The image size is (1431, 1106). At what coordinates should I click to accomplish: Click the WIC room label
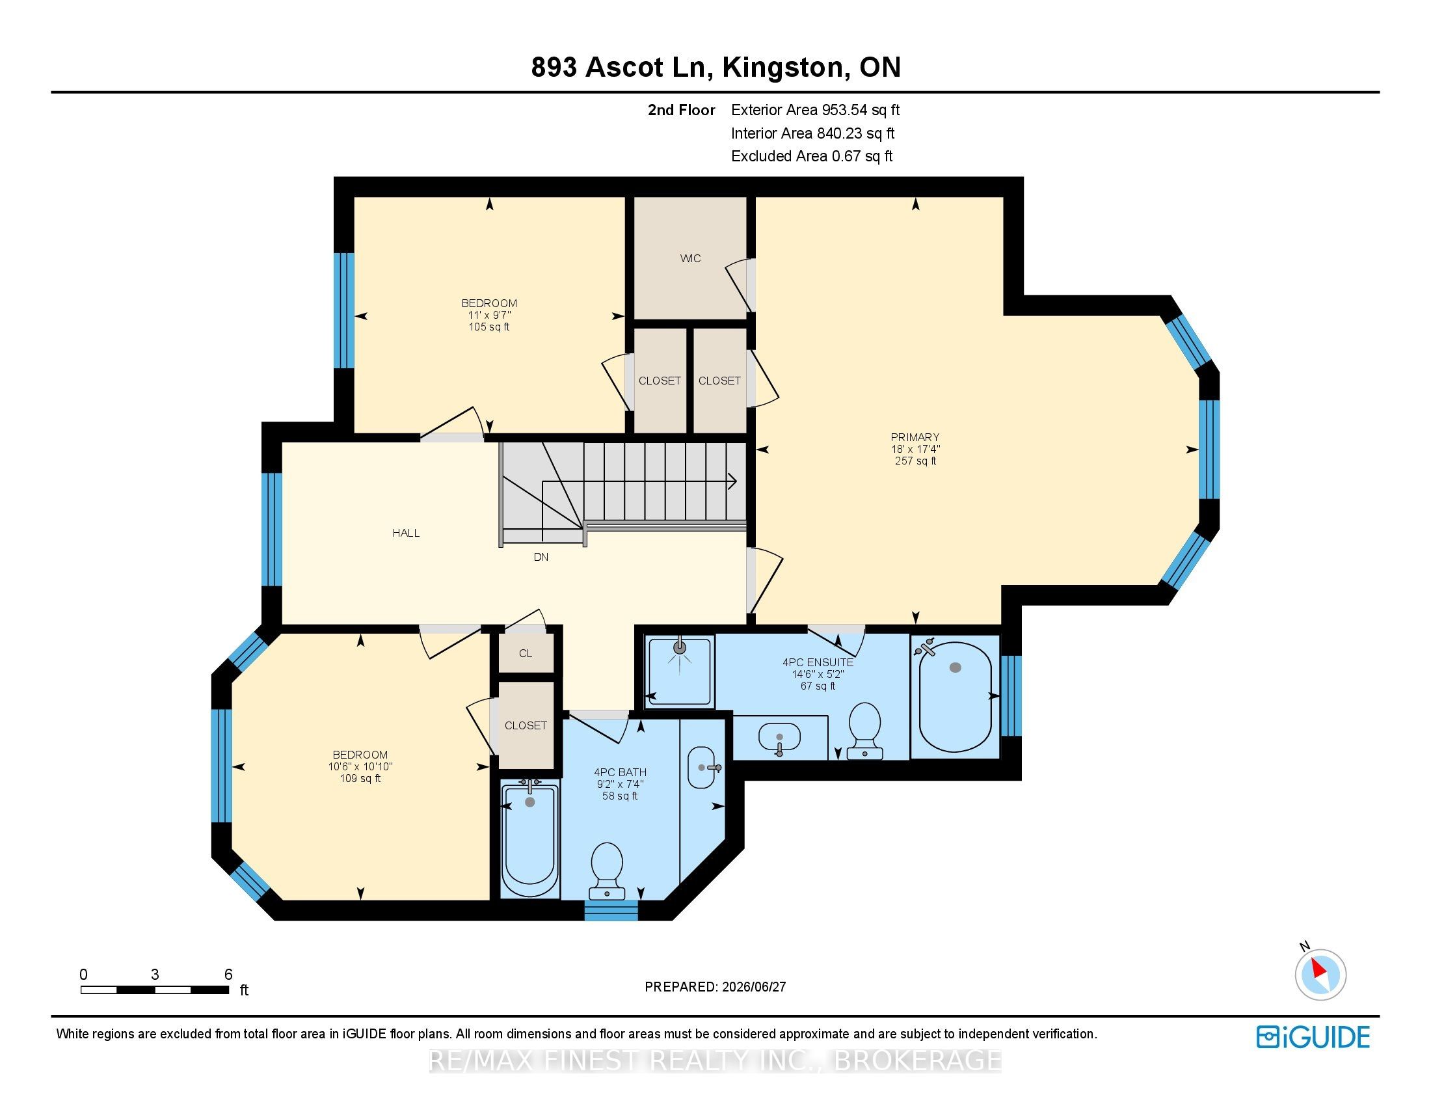(690, 258)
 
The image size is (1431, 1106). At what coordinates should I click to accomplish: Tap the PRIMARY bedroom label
(915, 437)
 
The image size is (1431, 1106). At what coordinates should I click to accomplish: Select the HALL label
(406, 533)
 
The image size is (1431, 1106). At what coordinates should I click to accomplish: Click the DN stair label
(541, 557)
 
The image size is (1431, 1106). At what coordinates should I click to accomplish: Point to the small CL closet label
(526, 653)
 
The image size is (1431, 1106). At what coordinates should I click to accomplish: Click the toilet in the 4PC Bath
(607, 870)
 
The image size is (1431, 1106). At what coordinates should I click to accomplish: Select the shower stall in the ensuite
(680, 671)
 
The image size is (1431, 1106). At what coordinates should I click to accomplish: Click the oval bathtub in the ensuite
(956, 697)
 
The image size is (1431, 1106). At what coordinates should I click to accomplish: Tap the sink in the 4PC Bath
(702, 768)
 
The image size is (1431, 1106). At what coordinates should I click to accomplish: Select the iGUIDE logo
(1313, 1037)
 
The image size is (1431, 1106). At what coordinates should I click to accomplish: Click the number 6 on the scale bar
(228, 975)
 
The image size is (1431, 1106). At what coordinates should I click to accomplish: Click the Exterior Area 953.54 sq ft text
(815, 110)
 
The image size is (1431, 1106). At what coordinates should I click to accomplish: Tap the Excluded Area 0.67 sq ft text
(812, 156)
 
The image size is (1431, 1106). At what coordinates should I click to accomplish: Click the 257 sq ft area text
(915, 461)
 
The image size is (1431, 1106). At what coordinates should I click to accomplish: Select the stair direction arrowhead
(733, 481)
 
